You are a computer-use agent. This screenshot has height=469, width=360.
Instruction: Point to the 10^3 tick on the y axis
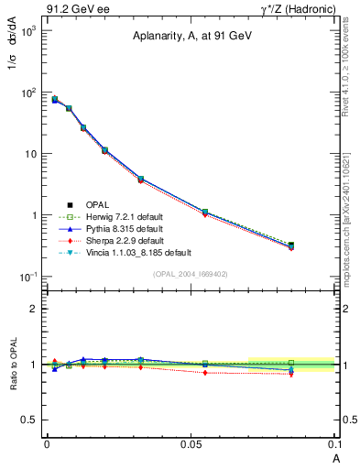[x=27, y=31]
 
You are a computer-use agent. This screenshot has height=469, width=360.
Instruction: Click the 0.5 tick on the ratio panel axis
[x=30, y=420]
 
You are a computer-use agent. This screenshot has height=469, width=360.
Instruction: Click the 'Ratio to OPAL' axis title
[x=12, y=365]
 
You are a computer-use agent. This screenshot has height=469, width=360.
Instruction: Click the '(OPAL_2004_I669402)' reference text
[x=190, y=273]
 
